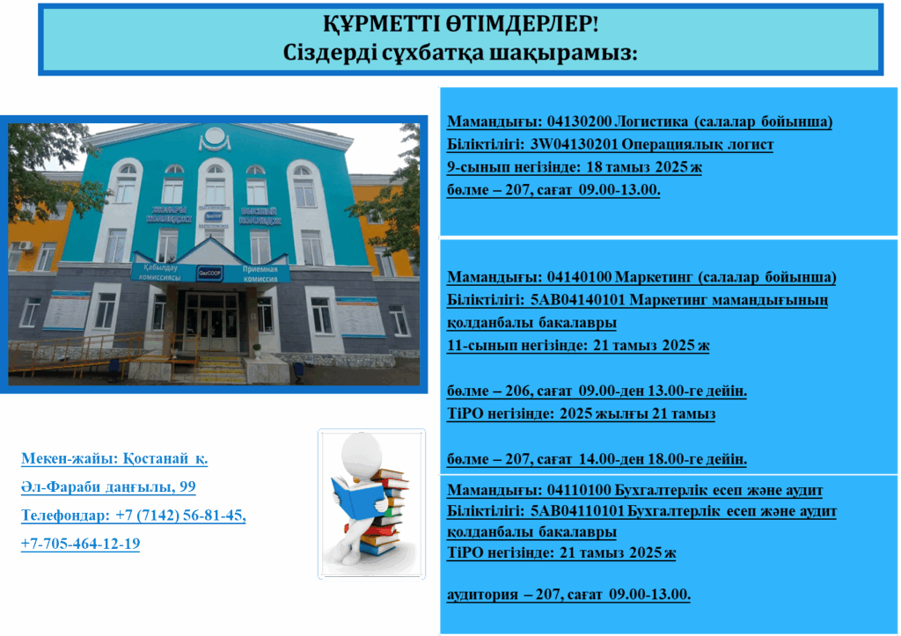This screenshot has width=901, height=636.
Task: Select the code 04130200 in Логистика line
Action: pos(579,121)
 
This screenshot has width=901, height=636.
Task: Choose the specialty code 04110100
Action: pos(579,490)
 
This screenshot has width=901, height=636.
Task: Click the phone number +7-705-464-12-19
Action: pos(80,544)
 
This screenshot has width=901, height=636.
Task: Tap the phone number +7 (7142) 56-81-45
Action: pos(180,515)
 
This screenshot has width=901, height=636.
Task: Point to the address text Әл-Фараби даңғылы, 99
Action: pos(108,486)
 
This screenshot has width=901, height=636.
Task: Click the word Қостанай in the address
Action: pos(156,458)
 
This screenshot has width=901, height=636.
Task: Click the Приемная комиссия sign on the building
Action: pos(260,274)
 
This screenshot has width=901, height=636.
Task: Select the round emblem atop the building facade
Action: pos(215,137)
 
